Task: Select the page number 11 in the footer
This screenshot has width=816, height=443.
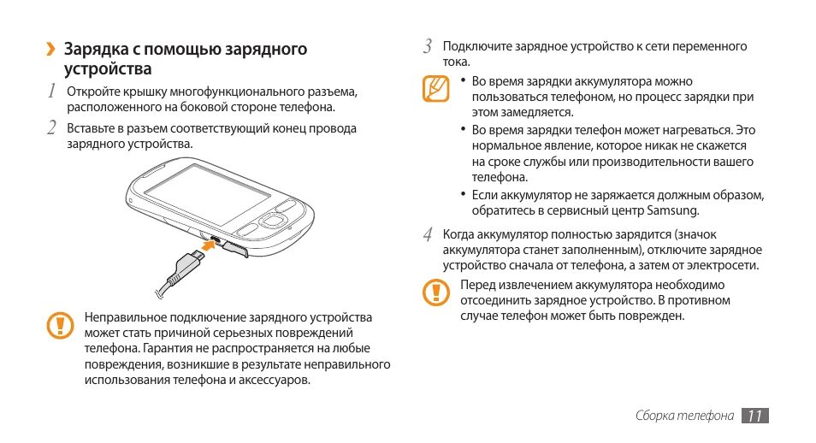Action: click(x=754, y=416)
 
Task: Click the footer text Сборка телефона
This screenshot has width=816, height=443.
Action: click(x=684, y=416)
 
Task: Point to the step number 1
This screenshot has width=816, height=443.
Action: click(x=51, y=91)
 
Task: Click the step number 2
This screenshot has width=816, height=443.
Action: click(x=51, y=128)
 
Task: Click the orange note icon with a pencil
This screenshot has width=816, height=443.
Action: click(x=435, y=88)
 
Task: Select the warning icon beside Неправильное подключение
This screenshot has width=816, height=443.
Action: click(x=59, y=324)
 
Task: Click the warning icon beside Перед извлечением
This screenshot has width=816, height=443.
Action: click(x=435, y=292)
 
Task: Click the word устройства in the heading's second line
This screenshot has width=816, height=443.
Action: click(x=109, y=68)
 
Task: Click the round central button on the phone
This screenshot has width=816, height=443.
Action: click(x=275, y=220)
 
